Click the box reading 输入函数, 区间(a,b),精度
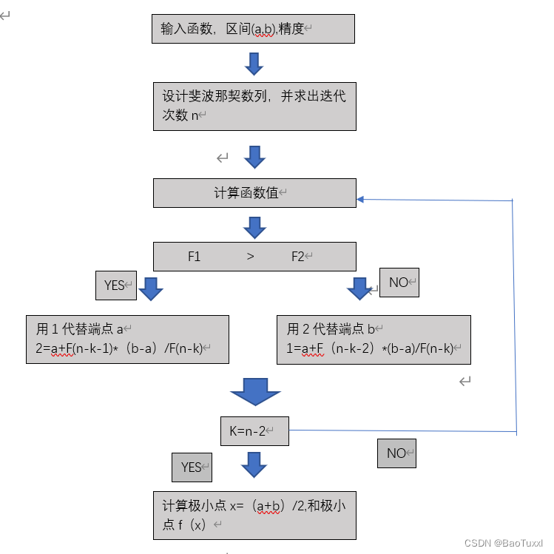click(254, 28)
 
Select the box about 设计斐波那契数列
click(254, 105)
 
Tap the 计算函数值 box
click(254, 192)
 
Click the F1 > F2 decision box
click(254, 257)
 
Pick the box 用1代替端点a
click(127, 340)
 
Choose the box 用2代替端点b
click(374, 340)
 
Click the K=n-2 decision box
click(254, 430)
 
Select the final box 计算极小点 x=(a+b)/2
click(254, 515)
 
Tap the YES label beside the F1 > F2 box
click(116, 286)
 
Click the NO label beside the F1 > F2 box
click(399, 283)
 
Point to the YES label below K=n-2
click(192, 467)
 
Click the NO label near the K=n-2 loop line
click(396, 453)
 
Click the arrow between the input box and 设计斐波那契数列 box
click(254, 64)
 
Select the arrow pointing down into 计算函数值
click(254, 157)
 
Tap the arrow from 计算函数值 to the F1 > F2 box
click(254, 227)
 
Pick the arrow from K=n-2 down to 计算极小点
click(254, 465)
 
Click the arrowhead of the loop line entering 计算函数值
click(360, 199)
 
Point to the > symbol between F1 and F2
click(250, 257)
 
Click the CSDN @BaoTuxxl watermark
click(503, 543)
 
